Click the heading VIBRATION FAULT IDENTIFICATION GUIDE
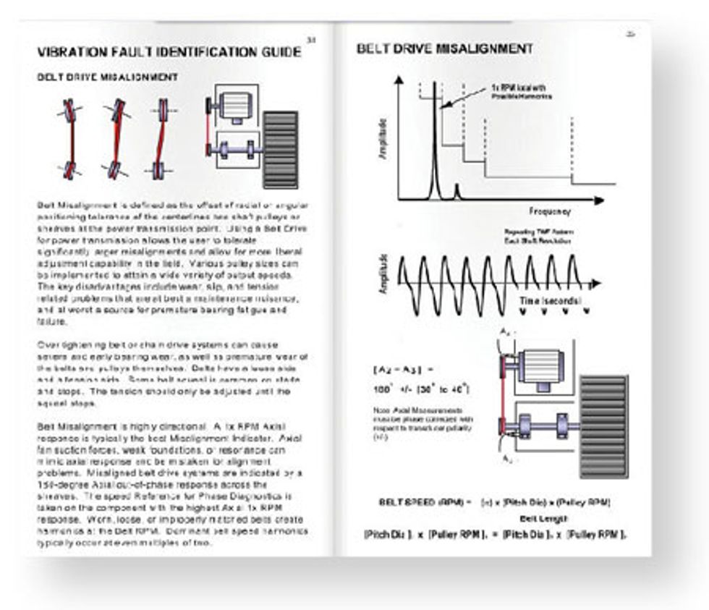[169, 52]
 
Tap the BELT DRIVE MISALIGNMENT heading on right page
[444, 48]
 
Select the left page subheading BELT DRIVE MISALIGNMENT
[108, 77]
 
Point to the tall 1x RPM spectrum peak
[435, 145]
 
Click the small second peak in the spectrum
[457, 192]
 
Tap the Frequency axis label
[549, 211]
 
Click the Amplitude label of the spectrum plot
[384, 139]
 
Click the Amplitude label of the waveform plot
[383, 273]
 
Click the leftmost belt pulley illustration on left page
[69, 139]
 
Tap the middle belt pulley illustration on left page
[116, 138]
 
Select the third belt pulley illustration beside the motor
[159, 139]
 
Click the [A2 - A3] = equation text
[394, 369]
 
